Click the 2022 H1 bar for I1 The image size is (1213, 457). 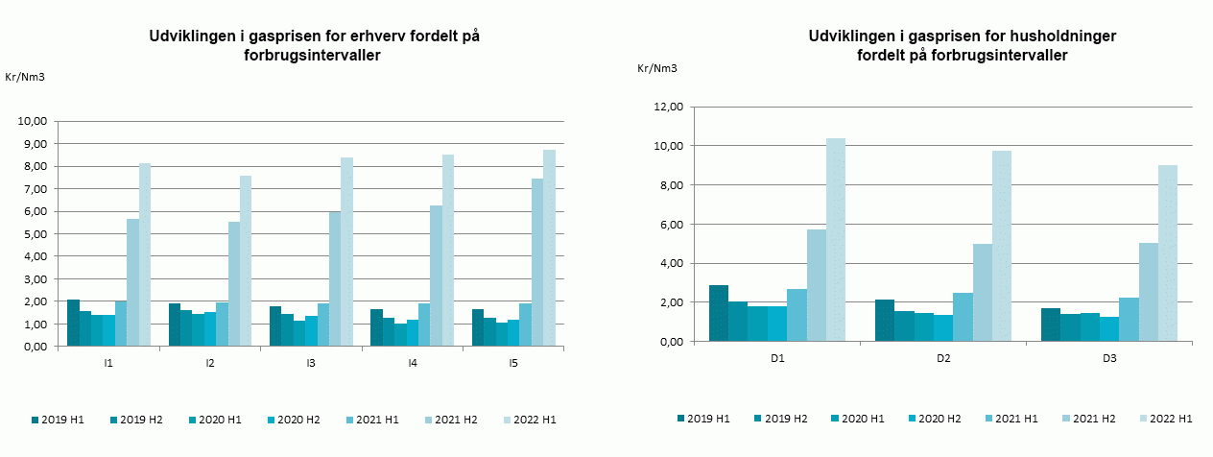click(145, 254)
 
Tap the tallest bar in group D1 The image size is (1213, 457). click(836, 240)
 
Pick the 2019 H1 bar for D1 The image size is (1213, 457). click(718, 313)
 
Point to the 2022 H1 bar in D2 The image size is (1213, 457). click(1001, 246)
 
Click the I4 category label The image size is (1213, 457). click(412, 364)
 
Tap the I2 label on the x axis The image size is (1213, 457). click(209, 364)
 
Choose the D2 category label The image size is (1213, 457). click(943, 358)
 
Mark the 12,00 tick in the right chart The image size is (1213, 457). click(663, 107)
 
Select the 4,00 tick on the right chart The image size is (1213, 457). click(667, 263)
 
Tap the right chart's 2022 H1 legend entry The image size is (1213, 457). click(1164, 419)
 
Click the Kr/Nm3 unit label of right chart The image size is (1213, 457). click(657, 68)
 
